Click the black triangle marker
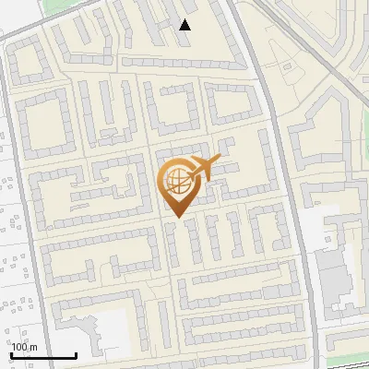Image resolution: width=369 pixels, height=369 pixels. tap(185, 25)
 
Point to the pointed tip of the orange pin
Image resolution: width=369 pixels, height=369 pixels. tap(176, 216)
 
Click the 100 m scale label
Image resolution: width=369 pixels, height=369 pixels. tap(25, 346)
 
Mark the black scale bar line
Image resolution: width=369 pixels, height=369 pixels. tap(43, 355)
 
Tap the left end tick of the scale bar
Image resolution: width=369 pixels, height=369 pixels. tap(11, 353)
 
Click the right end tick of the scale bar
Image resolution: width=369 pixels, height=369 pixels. tap(76, 353)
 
